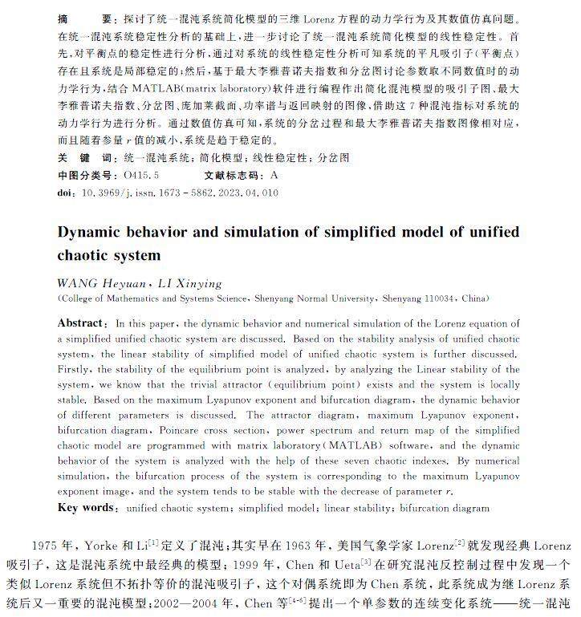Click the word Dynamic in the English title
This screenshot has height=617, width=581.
93,233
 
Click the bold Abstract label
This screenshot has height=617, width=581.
80,323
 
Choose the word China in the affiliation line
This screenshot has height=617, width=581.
473,298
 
